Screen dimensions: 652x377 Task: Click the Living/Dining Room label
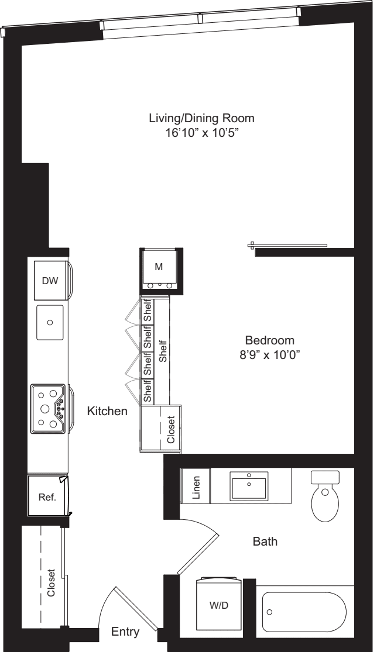pos(201,118)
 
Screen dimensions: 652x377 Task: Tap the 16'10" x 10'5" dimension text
pos(201,133)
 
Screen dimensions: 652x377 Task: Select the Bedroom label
pos(269,340)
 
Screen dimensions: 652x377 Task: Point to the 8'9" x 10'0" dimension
pos(269,354)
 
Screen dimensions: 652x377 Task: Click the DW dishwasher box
pos(50,281)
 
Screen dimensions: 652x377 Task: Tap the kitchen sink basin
pos(50,322)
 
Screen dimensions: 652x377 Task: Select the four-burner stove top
pos(49,408)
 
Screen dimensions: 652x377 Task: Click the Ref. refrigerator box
pos(47,497)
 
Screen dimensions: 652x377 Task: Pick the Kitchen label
pos(107,412)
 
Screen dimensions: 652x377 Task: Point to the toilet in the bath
pos(325,496)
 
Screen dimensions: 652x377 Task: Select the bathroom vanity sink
pos(249,485)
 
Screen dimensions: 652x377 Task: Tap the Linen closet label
pos(197,488)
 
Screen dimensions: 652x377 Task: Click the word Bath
pos(265,542)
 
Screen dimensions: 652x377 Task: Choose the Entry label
pos(125,632)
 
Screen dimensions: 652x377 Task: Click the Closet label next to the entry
pos(51,583)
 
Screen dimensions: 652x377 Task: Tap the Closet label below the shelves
pos(170,430)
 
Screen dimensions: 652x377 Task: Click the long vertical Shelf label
pos(163,352)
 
